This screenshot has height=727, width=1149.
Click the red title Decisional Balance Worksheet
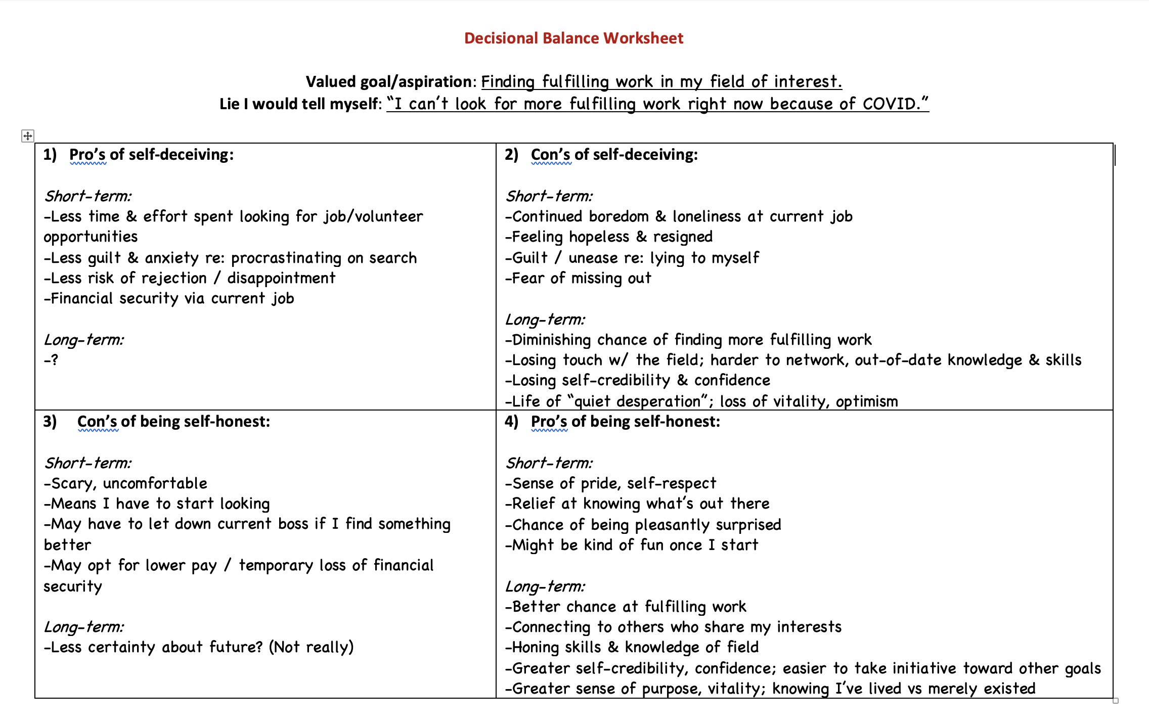[x=573, y=38]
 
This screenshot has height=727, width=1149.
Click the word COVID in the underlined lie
[x=891, y=104]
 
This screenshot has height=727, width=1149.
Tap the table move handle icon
[x=28, y=135]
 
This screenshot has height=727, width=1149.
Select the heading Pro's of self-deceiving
[x=151, y=154]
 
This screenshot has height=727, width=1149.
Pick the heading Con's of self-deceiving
[x=614, y=154]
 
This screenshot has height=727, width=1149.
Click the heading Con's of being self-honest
[x=173, y=421]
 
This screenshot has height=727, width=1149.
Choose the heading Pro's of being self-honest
[x=625, y=421]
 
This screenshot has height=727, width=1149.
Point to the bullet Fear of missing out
[x=578, y=278]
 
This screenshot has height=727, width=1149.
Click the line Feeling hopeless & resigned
[x=609, y=237]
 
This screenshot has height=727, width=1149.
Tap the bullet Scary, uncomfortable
[x=125, y=483]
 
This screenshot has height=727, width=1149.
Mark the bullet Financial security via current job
[x=169, y=298]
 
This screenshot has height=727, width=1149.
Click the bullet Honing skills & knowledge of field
[x=632, y=647]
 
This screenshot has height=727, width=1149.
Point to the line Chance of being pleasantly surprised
[x=643, y=525]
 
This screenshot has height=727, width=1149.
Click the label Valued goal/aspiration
[x=389, y=81]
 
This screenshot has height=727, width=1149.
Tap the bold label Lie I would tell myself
[x=299, y=104]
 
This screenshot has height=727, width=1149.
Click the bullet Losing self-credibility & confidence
[x=638, y=380]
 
